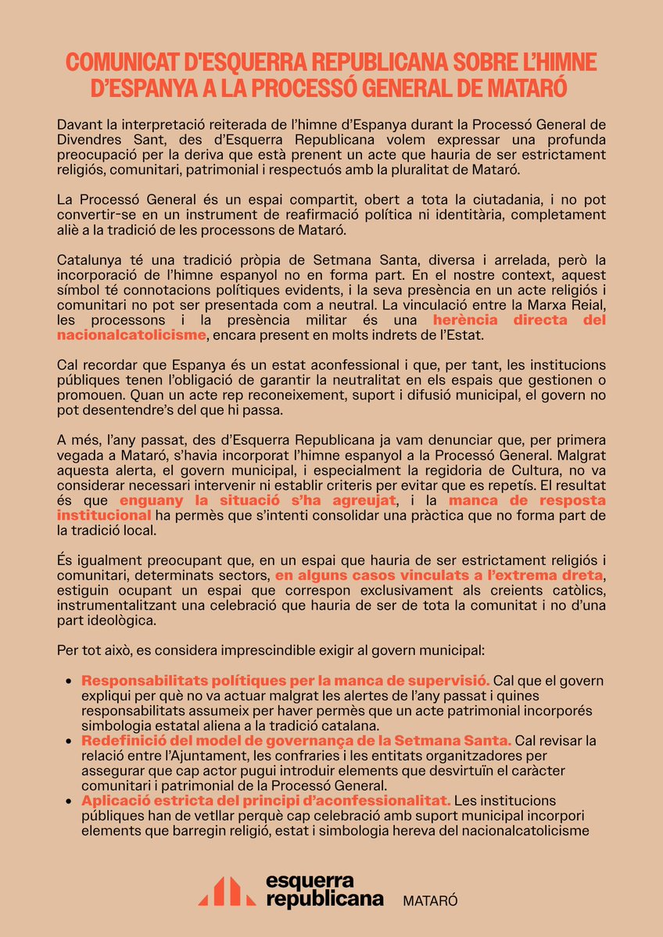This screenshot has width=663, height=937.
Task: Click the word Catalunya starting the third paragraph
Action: (88, 259)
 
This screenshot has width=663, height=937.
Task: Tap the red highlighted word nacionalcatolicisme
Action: (131, 334)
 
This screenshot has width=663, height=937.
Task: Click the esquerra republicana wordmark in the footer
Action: (324, 891)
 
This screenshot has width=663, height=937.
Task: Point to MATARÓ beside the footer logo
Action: (429, 900)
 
